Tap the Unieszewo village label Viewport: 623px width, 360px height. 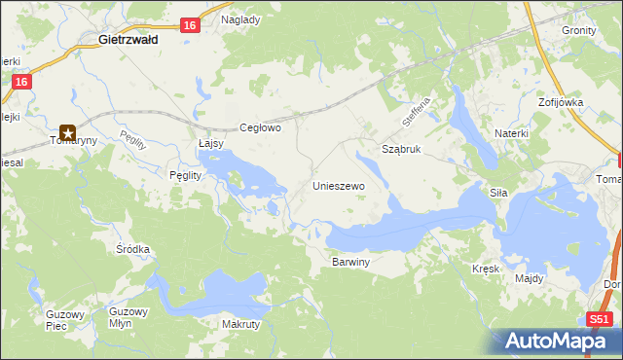[338, 185]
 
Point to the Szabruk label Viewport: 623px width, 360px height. [401, 150]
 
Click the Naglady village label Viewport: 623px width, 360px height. [240, 19]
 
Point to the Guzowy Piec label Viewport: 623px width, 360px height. [66, 320]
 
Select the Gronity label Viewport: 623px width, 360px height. [579, 30]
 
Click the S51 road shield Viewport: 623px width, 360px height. [601, 319]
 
